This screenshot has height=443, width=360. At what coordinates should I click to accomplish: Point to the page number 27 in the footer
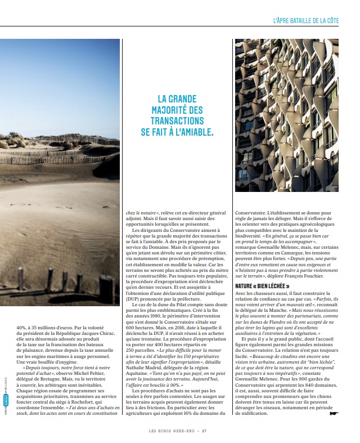point(205,431)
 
